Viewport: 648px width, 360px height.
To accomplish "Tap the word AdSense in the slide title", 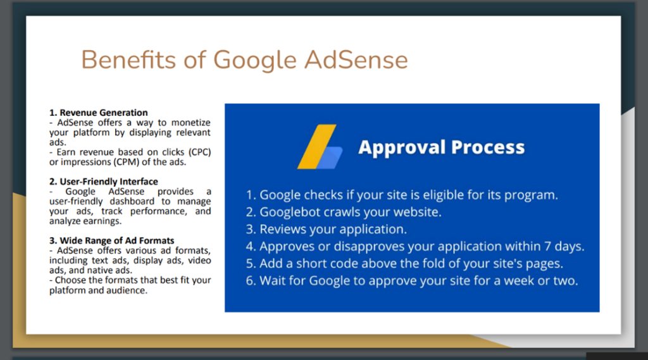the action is [356, 59].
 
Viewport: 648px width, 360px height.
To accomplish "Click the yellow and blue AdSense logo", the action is [320, 147].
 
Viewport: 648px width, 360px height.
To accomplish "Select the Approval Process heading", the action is [441, 147].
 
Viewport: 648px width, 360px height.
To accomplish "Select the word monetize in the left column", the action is [191, 122].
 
